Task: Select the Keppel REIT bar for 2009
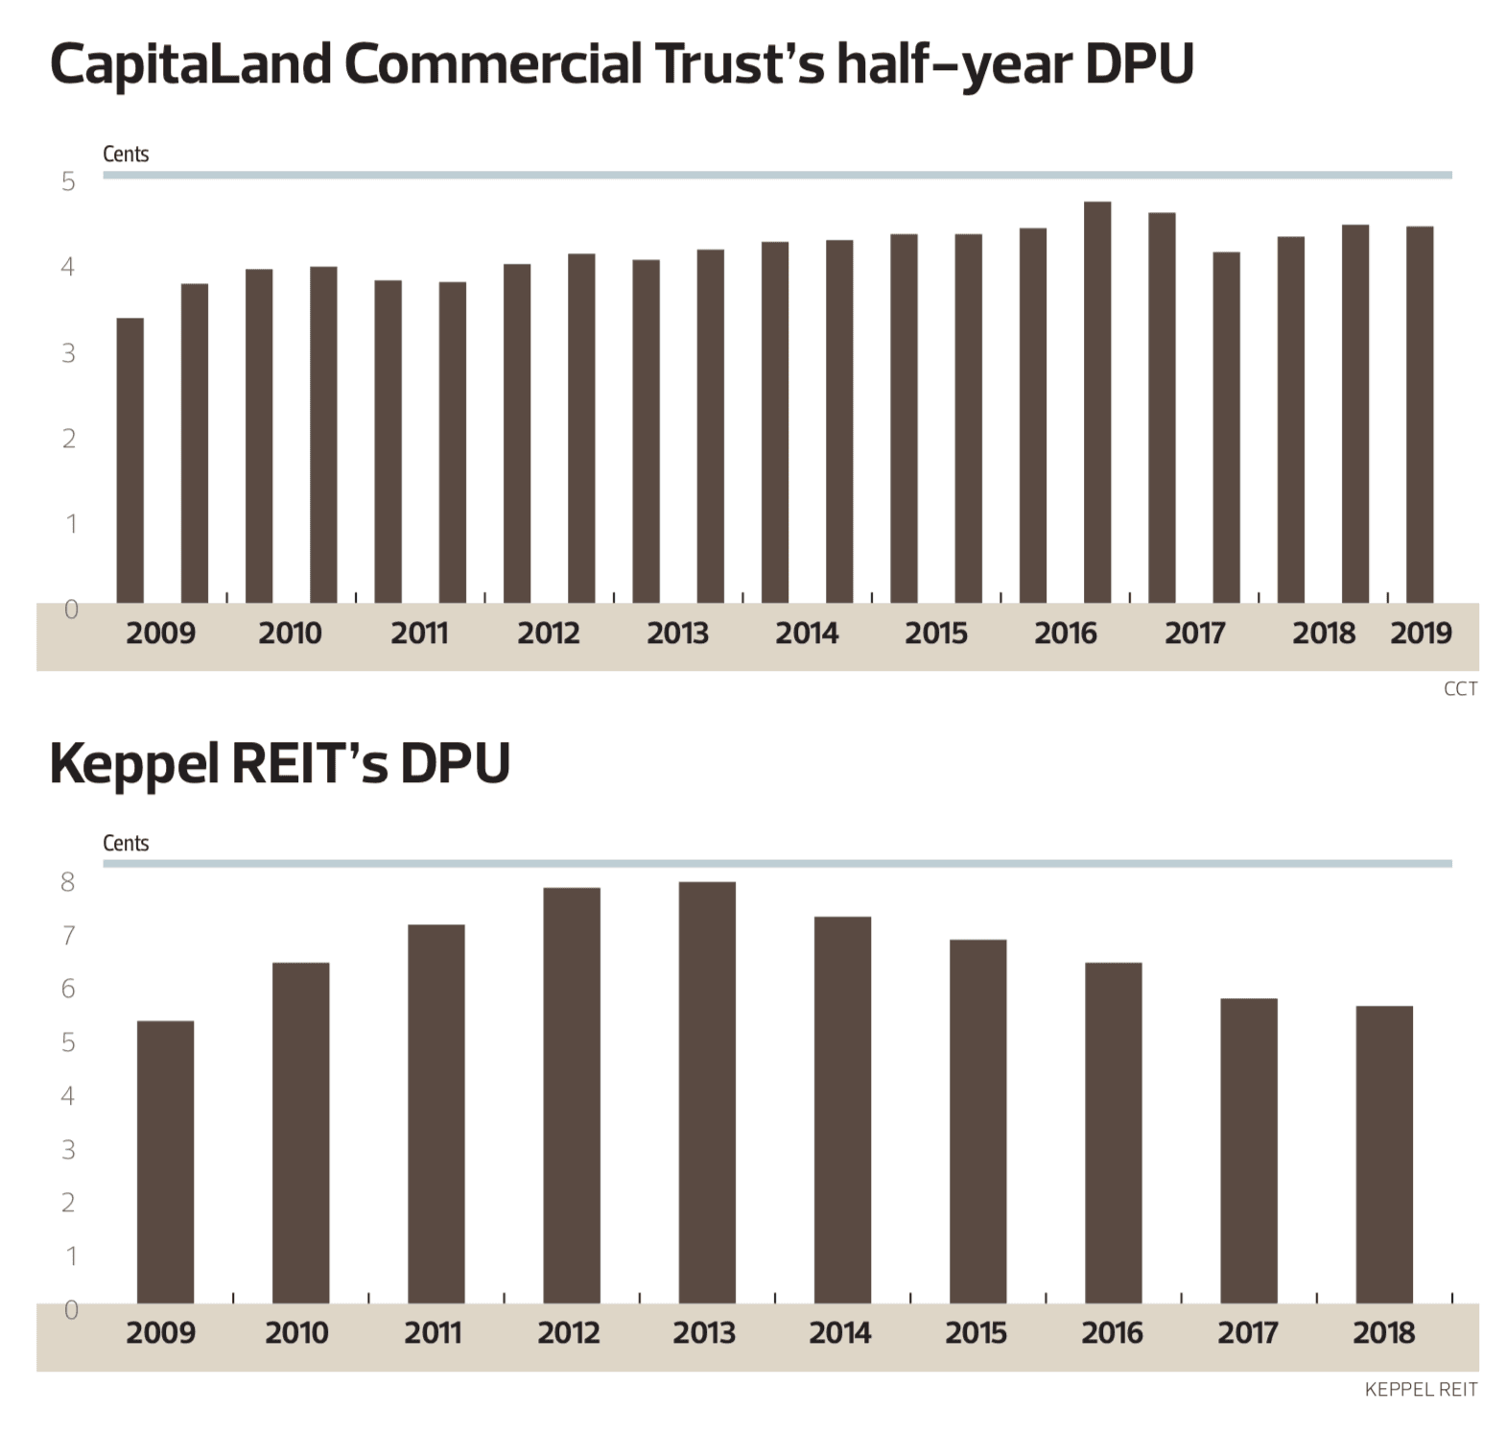tap(165, 1161)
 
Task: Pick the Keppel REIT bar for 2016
tap(1113, 1133)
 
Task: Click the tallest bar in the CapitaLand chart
tap(1097, 402)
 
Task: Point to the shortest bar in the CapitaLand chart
tap(129, 461)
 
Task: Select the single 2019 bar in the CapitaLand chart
tap(1420, 415)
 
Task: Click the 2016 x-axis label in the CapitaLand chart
tap(1065, 633)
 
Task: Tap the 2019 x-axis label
tap(1421, 633)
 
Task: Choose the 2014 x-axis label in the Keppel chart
tap(839, 1332)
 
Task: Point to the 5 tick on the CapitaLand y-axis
tap(68, 181)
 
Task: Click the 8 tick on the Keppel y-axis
tap(67, 882)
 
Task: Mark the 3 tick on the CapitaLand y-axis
tap(68, 353)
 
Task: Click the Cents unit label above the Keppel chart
tap(126, 843)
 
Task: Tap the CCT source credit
tap(1460, 689)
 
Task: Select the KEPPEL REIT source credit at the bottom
tap(1421, 1389)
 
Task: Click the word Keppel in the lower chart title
tap(135, 764)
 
